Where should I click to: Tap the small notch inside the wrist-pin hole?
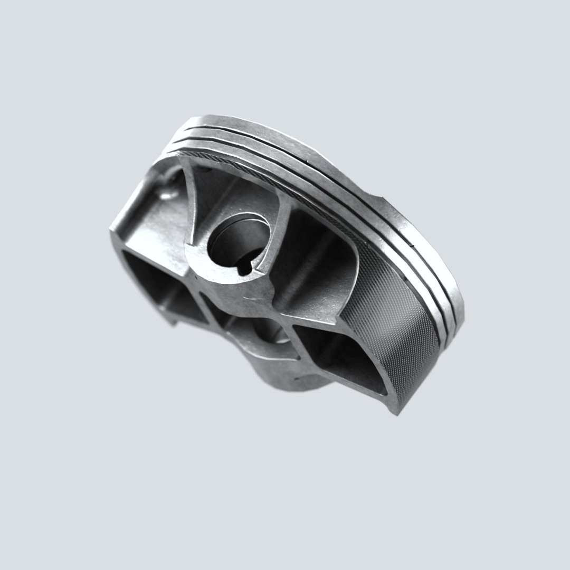pyautogui.click(x=243, y=269)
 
